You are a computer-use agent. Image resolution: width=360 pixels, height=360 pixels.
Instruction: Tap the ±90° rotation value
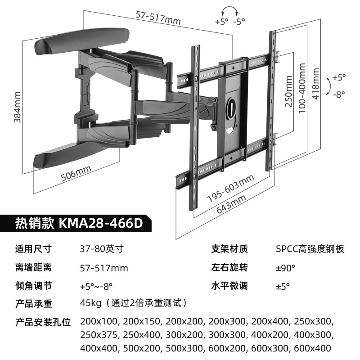click(x=285, y=268)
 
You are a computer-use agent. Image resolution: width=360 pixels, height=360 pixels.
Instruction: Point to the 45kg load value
click(x=90, y=303)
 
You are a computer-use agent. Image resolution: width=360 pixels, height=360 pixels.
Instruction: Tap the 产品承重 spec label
click(x=33, y=304)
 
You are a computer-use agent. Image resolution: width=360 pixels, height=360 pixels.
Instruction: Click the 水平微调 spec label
click(x=229, y=286)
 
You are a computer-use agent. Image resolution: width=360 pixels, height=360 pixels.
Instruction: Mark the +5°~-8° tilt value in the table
click(x=96, y=286)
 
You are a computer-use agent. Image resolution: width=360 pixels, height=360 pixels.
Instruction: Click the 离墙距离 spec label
click(x=33, y=268)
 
